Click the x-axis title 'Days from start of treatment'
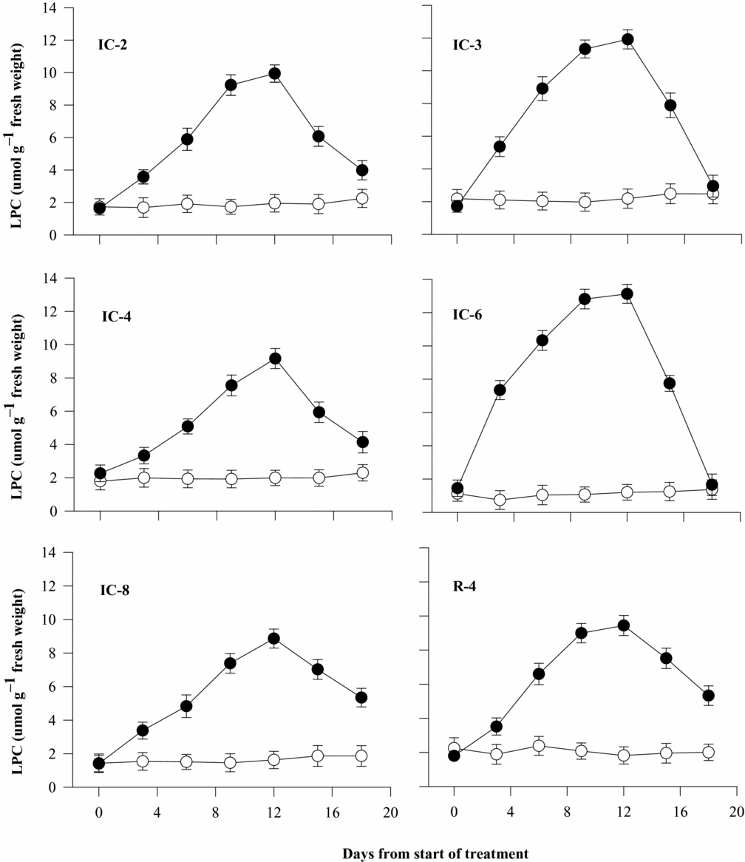435,854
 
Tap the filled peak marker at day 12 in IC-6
627,293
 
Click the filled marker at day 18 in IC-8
361,698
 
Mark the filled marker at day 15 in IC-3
670,105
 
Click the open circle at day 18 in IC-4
362,473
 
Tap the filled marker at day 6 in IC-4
188,426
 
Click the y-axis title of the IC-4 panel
18,396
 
